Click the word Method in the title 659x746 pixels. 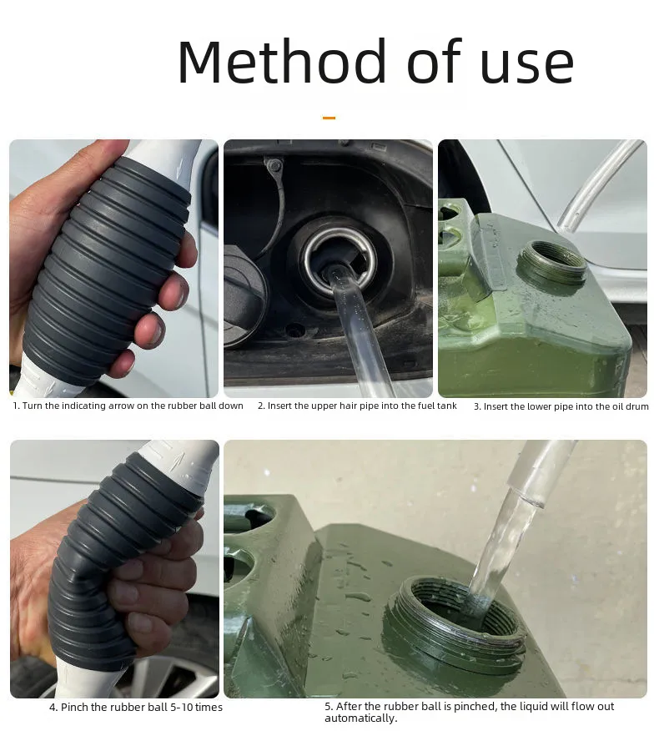pyautogui.click(x=273, y=63)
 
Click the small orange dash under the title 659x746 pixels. pyautogui.click(x=329, y=118)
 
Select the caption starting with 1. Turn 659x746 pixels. pyautogui.click(x=128, y=406)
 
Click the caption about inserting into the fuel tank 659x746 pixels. pyautogui.click(x=357, y=406)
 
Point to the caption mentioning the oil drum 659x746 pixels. pyautogui.click(x=561, y=406)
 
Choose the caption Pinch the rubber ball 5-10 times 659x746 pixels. pyautogui.click(x=135, y=708)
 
